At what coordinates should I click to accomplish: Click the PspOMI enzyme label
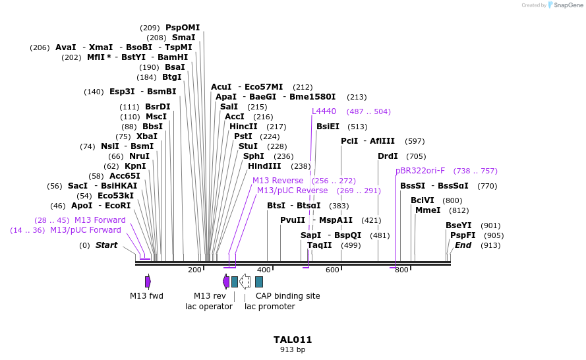(x=183, y=28)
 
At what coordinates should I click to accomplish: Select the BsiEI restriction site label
(x=328, y=127)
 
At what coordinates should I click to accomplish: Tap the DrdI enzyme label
(x=388, y=156)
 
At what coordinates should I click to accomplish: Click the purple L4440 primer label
(x=324, y=111)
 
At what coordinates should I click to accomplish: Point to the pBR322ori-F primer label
(x=421, y=171)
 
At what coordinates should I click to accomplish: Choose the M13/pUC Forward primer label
(x=86, y=230)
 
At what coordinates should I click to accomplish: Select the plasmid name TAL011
(x=293, y=340)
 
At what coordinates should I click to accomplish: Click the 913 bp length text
(x=293, y=350)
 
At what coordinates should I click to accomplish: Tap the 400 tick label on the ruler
(x=264, y=270)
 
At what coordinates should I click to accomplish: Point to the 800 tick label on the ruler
(x=401, y=270)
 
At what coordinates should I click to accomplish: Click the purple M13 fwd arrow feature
(x=148, y=282)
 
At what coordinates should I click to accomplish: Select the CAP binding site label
(x=287, y=296)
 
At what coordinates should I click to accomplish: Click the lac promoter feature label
(x=270, y=307)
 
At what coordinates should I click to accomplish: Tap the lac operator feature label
(x=209, y=307)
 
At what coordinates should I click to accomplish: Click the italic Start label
(x=106, y=245)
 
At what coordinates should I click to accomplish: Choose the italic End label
(x=463, y=245)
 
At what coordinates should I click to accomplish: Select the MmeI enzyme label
(x=428, y=210)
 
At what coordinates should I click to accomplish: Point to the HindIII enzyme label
(x=264, y=166)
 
